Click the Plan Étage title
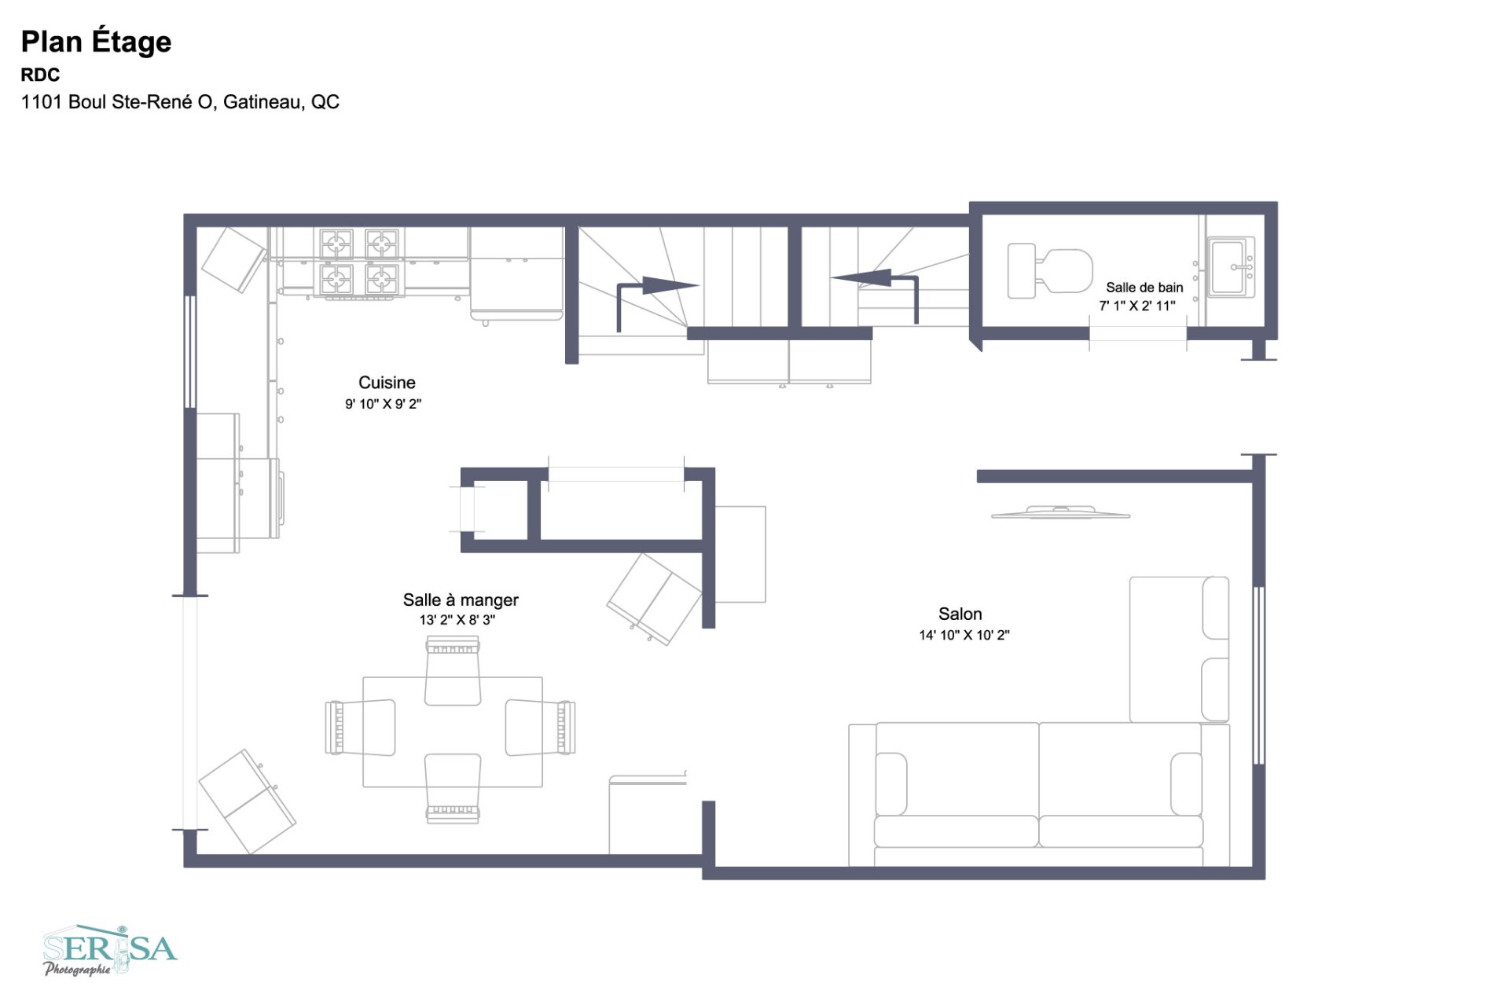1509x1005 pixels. pyautogui.click(x=96, y=42)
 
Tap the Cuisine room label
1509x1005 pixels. pyautogui.click(x=387, y=383)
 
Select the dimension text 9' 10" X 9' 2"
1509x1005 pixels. pyautogui.click(x=383, y=404)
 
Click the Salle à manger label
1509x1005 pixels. pyautogui.click(x=461, y=600)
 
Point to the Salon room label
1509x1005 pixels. pyautogui.click(x=960, y=614)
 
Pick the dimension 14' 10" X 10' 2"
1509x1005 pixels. pyautogui.click(x=964, y=635)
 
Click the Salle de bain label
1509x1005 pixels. pyautogui.click(x=1144, y=288)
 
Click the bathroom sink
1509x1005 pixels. pyautogui.click(x=1230, y=267)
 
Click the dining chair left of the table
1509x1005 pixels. pyautogui.click(x=361, y=727)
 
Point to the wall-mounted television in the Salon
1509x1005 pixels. pyautogui.click(x=1060, y=513)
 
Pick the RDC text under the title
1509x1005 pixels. pyautogui.click(x=40, y=75)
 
